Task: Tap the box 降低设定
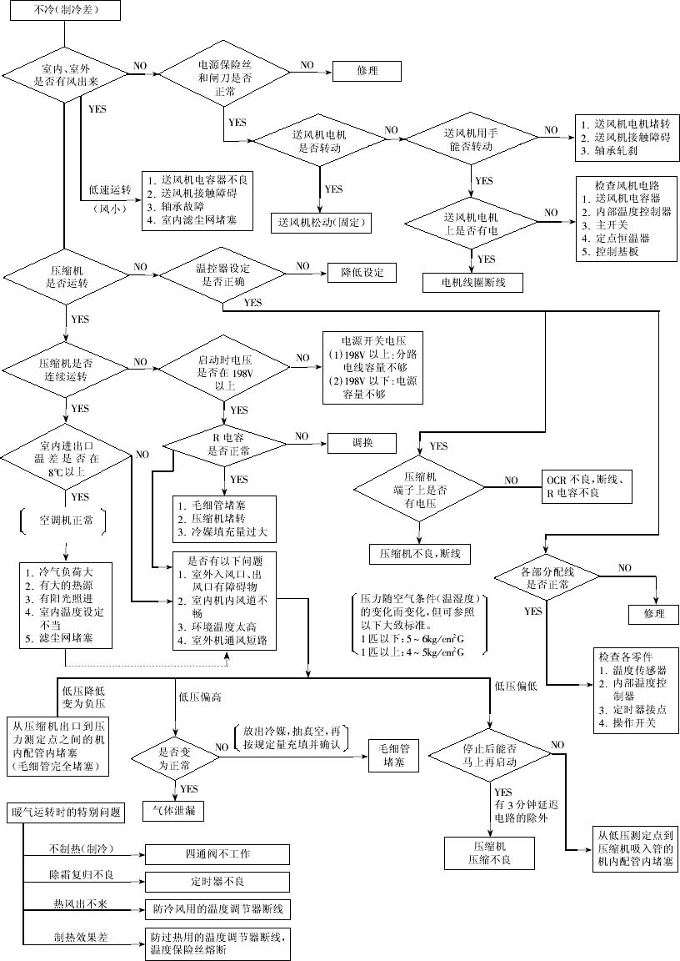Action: click(362, 273)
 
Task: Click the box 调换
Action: click(362, 442)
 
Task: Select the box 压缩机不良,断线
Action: click(419, 553)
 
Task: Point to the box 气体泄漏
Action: click(174, 809)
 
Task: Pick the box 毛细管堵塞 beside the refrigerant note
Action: click(392, 755)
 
